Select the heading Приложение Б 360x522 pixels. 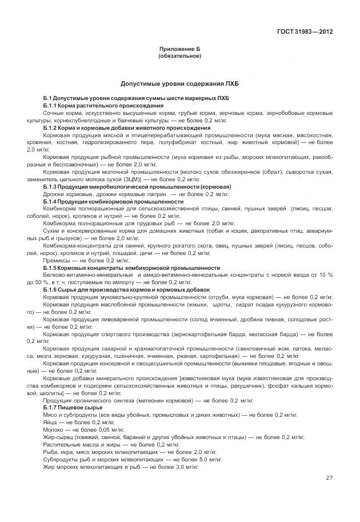tap(179, 50)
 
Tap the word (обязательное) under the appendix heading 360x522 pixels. tap(179, 57)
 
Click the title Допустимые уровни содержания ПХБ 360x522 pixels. tap(179, 83)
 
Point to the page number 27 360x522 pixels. tap(329, 478)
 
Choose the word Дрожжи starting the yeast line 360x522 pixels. tap(55, 194)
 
